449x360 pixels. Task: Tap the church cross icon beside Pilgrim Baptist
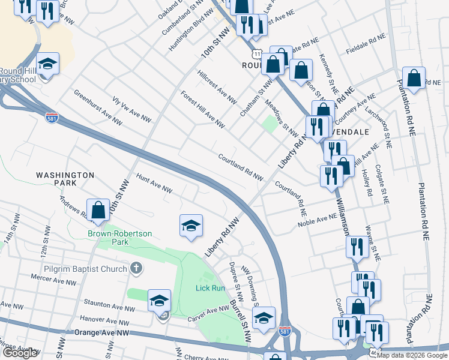click(136, 268)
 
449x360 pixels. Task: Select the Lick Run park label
click(209, 288)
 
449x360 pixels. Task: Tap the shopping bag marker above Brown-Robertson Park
click(98, 210)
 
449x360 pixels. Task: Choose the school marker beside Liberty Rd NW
click(191, 226)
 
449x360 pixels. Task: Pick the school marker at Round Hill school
click(47, 64)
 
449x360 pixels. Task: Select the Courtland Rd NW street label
click(241, 167)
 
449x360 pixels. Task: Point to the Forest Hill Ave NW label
click(202, 109)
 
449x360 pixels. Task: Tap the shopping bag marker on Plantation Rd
click(414, 79)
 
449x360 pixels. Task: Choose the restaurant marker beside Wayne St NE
click(357, 246)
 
